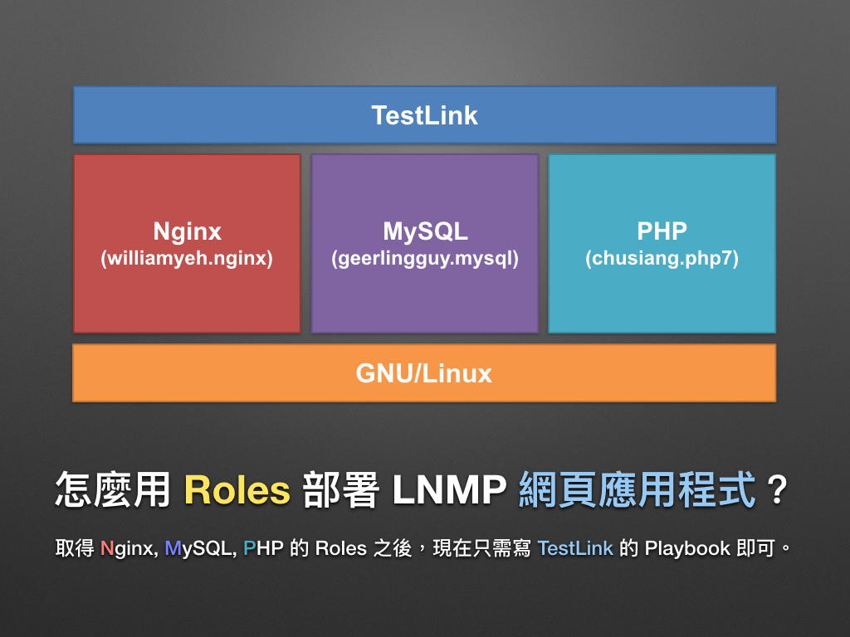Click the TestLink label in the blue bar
pos(424,115)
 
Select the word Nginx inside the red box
pos(187,231)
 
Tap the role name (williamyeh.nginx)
pos(187,259)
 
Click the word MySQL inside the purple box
pos(425,231)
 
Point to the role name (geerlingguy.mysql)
pos(425,259)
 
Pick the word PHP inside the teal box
pos(662,231)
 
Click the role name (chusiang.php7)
pos(662,259)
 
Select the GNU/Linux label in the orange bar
pos(424,373)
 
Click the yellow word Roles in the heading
pos(237,490)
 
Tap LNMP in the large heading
pos(449,490)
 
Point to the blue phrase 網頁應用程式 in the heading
pos(637,490)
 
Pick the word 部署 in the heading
pos(340,490)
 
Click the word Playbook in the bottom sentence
pos(687,548)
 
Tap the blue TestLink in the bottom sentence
pos(575,548)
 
